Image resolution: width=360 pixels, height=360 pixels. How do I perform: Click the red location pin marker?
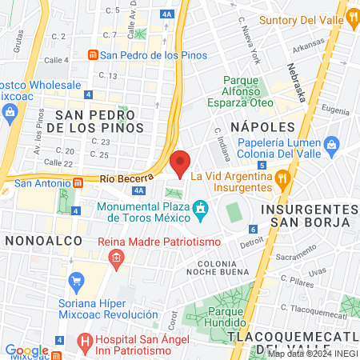(x=181, y=163)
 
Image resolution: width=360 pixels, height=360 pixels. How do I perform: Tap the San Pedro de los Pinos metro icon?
(x=94, y=55)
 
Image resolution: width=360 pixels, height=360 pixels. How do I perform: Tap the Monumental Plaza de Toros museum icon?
(x=200, y=210)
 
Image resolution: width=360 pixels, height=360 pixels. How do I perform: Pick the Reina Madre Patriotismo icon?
(x=117, y=258)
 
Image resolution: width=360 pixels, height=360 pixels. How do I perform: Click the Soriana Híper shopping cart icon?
(x=77, y=280)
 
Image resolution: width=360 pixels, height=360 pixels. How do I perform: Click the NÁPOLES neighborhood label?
(x=258, y=127)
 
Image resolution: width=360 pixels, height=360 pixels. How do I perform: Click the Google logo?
(x=26, y=350)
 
